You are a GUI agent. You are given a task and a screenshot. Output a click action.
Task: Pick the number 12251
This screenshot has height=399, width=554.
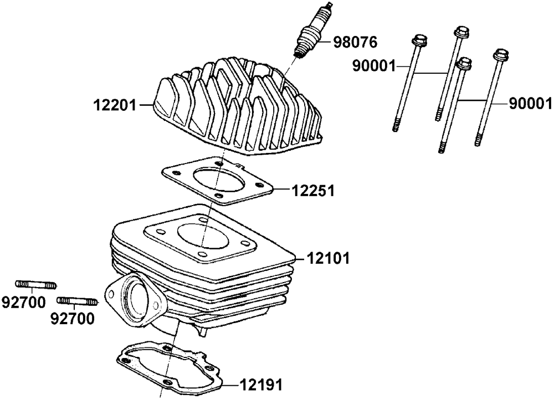[x=313, y=191]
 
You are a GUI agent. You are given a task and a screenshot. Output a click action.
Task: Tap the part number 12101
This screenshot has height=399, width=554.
[x=328, y=258]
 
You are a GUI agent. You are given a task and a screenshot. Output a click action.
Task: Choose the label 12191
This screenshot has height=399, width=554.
[x=261, y=385]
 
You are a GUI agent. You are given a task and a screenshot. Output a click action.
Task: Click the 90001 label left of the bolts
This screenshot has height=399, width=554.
[x=374, y=66]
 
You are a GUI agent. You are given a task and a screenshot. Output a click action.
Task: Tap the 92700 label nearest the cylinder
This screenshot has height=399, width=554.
[x=73, y=319]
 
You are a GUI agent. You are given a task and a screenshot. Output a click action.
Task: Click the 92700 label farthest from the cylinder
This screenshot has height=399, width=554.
[x=24, y=303]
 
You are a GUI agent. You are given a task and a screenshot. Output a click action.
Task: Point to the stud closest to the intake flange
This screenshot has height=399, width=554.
[x=78, y=301]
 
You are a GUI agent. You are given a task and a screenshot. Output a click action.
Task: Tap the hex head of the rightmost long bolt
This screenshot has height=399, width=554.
[x=502, y=55]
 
